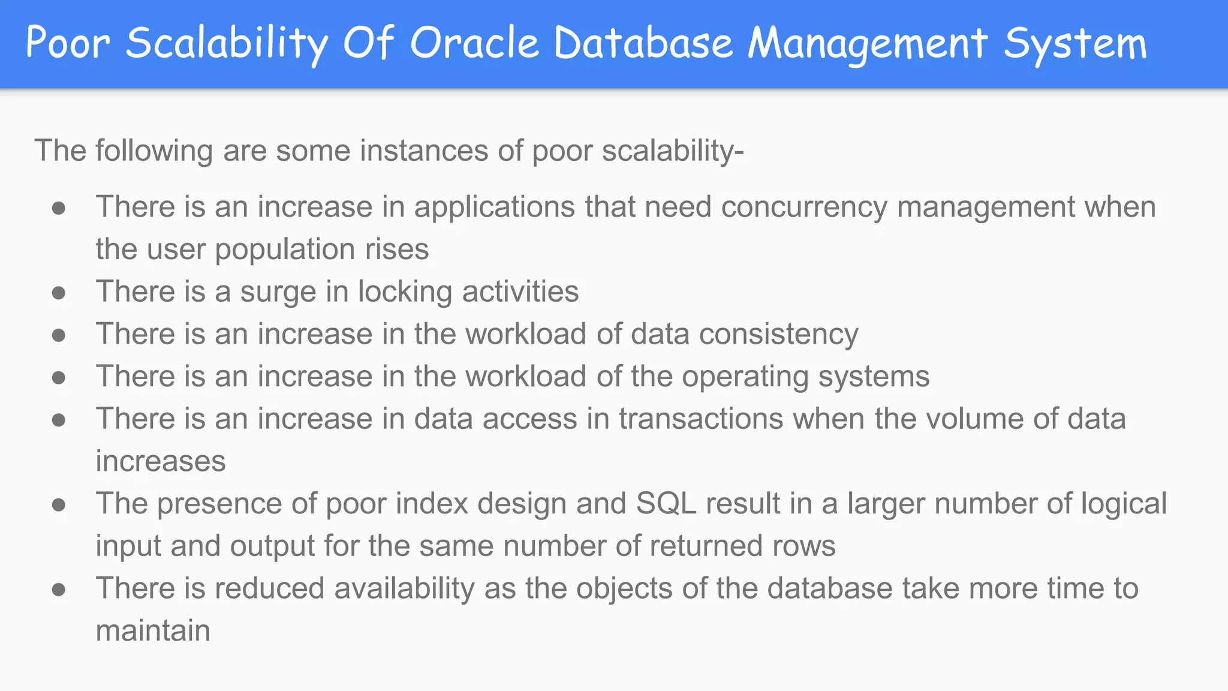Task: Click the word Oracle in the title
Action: pyautogui.click(x=474, y=43)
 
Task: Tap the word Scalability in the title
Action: pyautogui.click(x=227, y=43)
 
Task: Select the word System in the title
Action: pyautogui.click(x=1075, y=43)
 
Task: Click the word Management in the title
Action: pyautogui.click(x=868, y=43)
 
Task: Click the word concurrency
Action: pyautogui.click(x=803, y=207)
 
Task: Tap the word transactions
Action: pyautogui.click(x=701, y=419)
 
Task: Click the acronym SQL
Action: pyautogui.click(x=666, y=503)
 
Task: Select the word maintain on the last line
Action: pyautogui.click(x=153, y=631)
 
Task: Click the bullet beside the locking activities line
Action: pyautogui.click(x=59, y=293)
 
